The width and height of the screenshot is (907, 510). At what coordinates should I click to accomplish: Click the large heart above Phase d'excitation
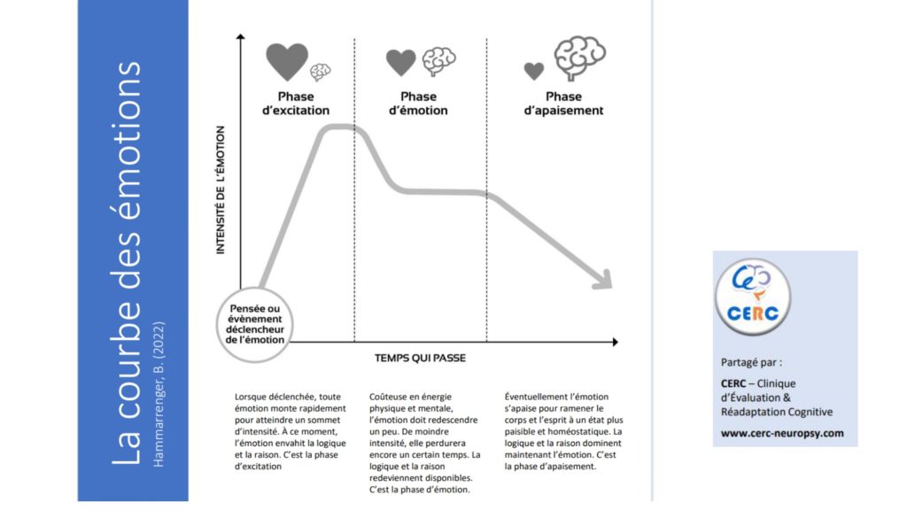pos(287,61)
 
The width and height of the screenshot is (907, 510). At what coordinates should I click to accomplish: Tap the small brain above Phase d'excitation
pos(320,72)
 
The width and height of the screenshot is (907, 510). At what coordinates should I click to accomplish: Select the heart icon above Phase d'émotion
pos(401,62)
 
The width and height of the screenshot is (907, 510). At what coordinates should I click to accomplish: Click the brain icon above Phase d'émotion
pos(438,61)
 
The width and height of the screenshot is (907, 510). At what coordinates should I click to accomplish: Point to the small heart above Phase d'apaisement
pos(534,71)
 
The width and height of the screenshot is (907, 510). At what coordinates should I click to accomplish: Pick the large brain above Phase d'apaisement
pos(579,58)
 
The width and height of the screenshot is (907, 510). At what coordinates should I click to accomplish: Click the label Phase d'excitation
pos(296,104)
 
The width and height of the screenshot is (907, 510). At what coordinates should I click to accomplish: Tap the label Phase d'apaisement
pos(563,104)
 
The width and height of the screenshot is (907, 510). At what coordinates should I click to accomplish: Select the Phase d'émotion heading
pos(418,104)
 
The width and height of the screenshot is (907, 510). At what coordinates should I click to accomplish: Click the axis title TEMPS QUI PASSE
pos(420,358)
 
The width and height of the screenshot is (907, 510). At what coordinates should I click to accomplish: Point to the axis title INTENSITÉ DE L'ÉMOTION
pos(221,190)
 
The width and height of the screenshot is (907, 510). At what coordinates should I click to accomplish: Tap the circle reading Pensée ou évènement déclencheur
pos(254,324)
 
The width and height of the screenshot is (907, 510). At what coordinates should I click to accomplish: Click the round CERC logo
pos(753,297)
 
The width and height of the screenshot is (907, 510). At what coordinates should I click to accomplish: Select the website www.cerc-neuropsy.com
pos(782,433)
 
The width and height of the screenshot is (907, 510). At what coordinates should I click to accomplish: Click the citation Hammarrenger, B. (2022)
pos(159,394)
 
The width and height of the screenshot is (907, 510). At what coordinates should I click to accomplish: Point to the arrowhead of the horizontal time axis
pos(615,342)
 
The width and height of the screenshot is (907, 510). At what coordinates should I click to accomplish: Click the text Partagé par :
pos(751,362)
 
